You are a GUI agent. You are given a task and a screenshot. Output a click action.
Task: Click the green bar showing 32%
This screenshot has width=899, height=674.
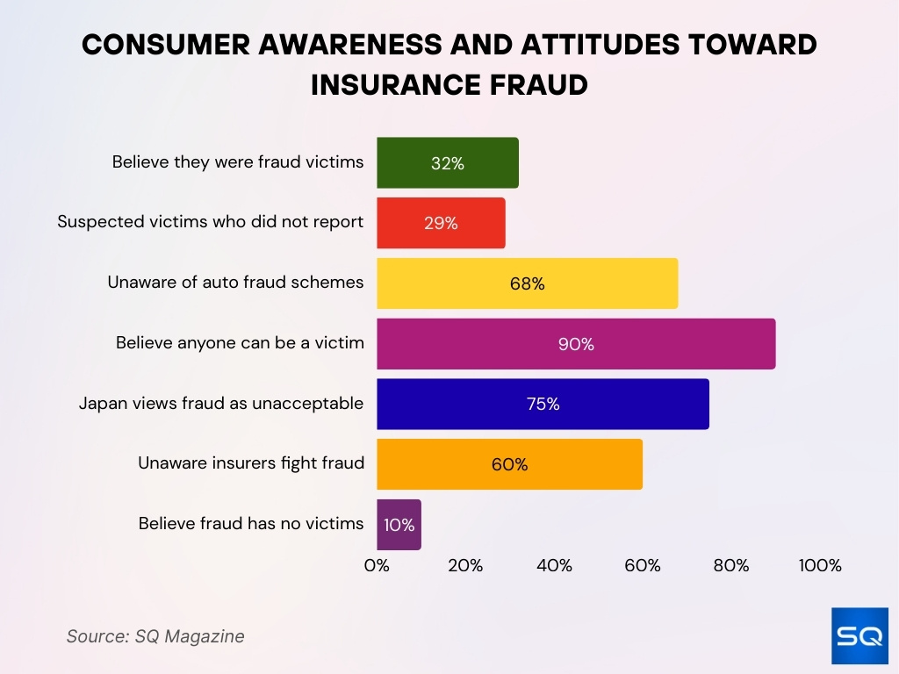coord(448,162)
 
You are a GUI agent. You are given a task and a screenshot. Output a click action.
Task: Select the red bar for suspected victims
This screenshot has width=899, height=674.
coord(441,223)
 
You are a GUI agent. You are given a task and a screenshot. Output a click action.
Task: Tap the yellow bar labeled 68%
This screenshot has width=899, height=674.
coord(527,283)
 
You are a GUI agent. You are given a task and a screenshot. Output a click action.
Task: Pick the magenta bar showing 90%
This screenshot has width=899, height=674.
coord(576,344)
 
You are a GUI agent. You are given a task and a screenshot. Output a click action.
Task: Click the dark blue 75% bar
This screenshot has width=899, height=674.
coord(543,405)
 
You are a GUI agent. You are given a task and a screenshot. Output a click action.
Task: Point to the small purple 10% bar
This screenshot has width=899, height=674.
coord(399,525)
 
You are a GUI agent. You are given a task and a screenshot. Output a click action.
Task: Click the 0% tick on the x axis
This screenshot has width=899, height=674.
coord(377,566)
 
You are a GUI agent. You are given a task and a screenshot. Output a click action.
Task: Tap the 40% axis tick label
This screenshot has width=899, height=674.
coord(554,566)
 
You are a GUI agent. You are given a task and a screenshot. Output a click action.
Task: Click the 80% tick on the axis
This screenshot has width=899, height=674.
coord(731,566)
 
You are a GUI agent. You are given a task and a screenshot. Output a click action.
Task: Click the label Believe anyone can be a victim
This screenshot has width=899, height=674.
coord(240,343)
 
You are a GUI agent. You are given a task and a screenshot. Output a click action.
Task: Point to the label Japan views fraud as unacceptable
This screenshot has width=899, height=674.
coord(220,404)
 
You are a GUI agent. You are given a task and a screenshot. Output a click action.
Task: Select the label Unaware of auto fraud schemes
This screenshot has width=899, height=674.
coord(235,283)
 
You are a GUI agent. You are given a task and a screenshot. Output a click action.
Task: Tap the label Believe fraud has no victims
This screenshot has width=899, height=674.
coord(251,524)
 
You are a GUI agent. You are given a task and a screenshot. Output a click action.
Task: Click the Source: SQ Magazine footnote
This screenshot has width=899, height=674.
coord(155,636)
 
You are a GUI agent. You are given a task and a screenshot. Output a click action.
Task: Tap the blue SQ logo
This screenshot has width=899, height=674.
coord(859,635)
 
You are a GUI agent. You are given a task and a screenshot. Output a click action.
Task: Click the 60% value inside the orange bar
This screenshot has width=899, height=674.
coord(509,464)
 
